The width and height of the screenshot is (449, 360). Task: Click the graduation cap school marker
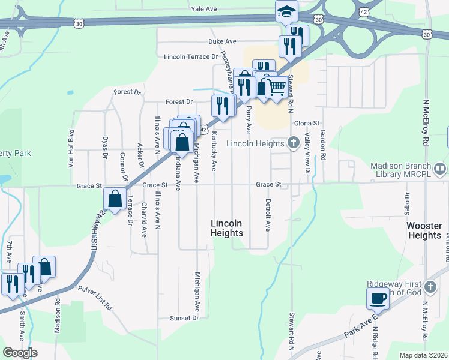pos(286,10)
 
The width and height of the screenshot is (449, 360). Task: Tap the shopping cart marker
pos(276,88)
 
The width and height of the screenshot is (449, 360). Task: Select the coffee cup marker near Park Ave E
pos(378,298)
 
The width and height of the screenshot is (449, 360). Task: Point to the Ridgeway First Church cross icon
pos(429,287)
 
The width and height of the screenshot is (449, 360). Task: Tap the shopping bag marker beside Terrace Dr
pos(115,197)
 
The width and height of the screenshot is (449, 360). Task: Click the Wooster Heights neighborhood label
pos(424,230)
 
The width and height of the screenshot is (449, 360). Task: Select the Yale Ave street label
pos(203,10)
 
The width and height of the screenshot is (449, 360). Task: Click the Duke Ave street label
pos(222,41)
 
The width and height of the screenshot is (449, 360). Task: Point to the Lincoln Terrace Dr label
pos(190,57)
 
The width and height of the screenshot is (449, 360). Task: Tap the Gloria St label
pos(306,123)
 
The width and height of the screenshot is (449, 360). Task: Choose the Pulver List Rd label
pos(95,298)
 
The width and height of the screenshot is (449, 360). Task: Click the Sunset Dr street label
pos(184,318)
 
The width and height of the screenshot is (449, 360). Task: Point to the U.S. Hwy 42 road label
pos(93,234)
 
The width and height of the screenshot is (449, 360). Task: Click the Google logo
pos(20,352)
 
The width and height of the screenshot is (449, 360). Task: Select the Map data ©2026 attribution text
pos(423,355)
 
